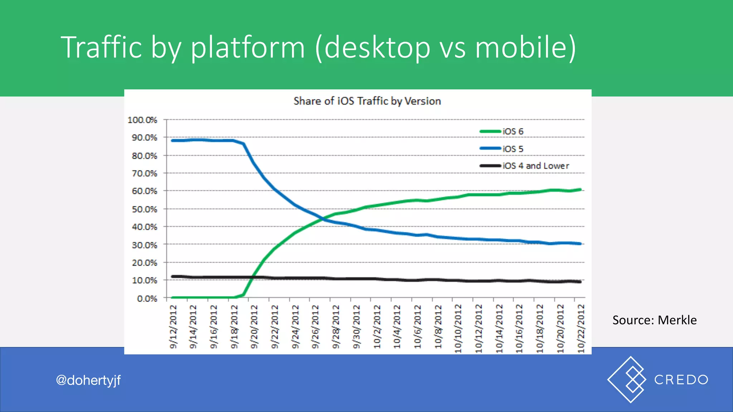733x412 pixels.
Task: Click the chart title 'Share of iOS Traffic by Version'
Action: tap(367, 101)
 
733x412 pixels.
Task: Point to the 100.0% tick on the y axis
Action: tap(142, 120)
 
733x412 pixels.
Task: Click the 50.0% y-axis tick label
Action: tap(145, 209)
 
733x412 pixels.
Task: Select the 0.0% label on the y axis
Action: tap(147, 299)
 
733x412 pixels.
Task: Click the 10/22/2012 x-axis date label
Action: tap(581, 328)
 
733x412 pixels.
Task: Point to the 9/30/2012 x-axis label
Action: tap(356, 327)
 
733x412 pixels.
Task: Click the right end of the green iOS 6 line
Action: tap(580, 190)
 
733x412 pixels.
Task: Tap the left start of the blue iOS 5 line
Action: tap(173, 141)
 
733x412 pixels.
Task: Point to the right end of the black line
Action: tap(580, 282)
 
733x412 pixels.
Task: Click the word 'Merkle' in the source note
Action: tap(677, 320)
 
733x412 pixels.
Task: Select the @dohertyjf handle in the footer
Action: tap(88, 380)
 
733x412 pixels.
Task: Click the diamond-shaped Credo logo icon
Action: tap(627, 379)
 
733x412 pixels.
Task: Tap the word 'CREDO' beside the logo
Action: tap(681, 380)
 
